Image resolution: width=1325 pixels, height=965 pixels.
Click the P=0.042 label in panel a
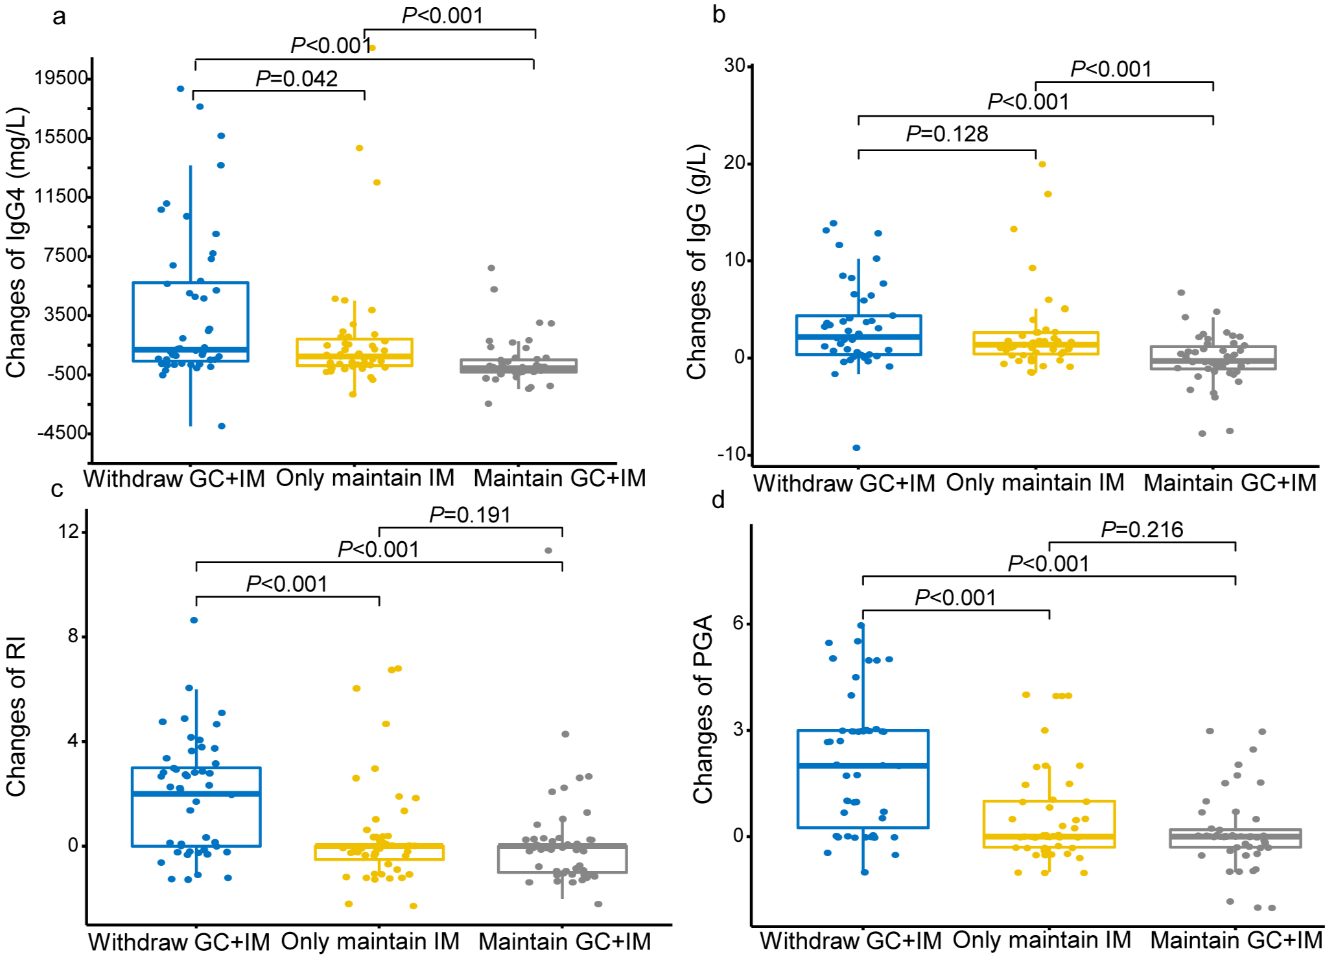[296, 79]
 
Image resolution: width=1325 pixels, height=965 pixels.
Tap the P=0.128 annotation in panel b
[946, 134]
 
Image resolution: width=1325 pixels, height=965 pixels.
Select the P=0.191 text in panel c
[470, 515]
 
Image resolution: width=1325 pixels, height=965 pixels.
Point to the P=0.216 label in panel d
[1142, 530]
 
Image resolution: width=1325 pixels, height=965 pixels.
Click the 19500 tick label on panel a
[62, 78]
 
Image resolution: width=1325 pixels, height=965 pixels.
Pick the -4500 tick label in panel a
[63, 433]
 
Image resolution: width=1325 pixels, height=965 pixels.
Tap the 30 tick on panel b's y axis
[734, 65]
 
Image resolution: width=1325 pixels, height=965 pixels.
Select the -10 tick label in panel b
[731, 454]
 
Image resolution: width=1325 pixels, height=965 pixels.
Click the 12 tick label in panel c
[68, 532]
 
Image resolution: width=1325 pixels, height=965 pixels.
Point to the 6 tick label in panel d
[738, 623]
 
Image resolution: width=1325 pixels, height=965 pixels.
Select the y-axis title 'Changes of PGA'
[703, 709]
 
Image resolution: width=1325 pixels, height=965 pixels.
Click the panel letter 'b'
[718, 15]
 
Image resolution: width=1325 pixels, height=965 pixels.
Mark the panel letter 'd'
[718, 500]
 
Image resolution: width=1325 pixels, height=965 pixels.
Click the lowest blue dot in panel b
[856, 448]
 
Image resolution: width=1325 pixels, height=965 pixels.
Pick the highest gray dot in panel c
[548, 551]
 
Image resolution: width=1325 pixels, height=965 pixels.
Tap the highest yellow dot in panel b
[1042, 164]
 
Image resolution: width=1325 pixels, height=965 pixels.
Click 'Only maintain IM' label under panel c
[369, 941]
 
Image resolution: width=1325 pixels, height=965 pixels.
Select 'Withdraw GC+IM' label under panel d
[850, 940]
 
